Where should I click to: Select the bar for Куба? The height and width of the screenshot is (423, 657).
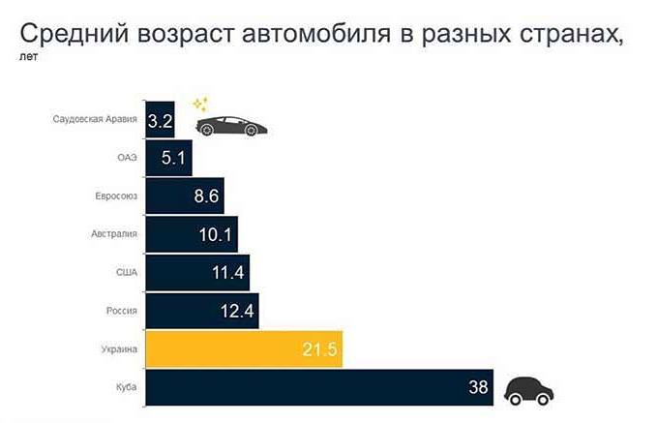pos(319,388)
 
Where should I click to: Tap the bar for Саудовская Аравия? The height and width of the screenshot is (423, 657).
pos(160,121)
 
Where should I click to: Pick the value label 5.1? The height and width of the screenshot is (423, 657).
pos(175,158)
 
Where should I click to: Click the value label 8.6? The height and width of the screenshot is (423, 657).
pos(206,196)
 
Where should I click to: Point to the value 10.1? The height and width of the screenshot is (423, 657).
pos(216,235)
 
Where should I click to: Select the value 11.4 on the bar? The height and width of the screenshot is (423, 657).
pos(226,273)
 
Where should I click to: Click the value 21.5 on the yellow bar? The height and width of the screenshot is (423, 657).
pos(318,349)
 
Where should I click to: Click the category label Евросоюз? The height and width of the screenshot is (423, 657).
pos(117,196)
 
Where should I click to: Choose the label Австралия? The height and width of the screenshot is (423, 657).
pos(115,234)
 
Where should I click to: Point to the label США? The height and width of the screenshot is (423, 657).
pos(127,273)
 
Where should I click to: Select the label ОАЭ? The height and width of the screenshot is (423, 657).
pos(127,158)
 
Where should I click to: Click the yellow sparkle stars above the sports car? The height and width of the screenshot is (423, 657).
pos(200,104)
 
